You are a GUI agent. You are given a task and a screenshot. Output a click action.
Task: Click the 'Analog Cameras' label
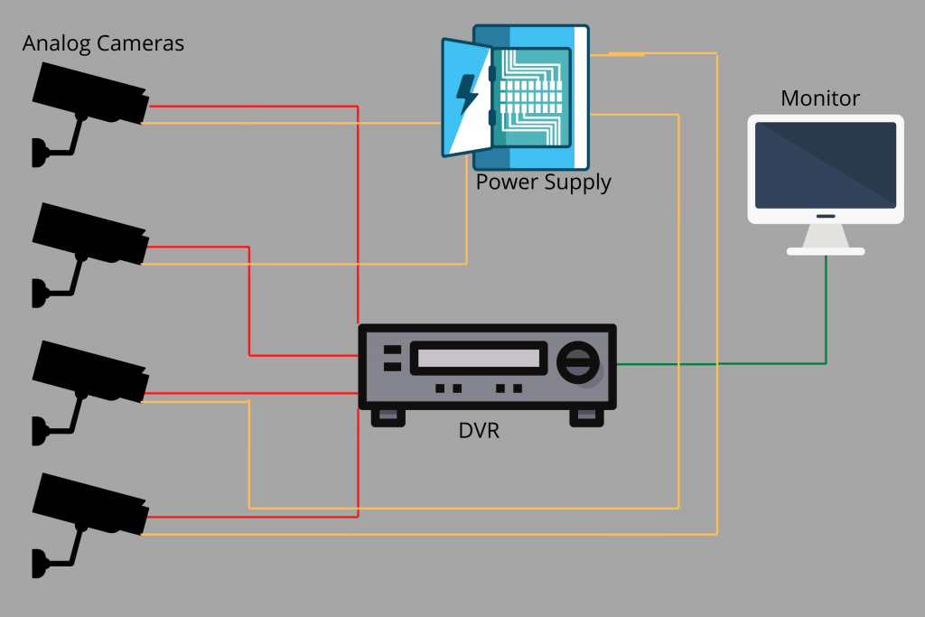[x=103, y=43]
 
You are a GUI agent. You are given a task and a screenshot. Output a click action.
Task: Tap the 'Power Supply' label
[x=543, y=182]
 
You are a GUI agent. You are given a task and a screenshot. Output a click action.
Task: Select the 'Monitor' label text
[x=820, y=98]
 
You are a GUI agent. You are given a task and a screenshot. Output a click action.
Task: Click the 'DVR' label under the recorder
[x=479, y=431]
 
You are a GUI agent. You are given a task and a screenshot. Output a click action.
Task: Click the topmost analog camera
[x=90, y=93]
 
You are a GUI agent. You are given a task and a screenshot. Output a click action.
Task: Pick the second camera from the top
[x=90, y=232]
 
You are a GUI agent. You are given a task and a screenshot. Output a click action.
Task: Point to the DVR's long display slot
[x=480, y=357]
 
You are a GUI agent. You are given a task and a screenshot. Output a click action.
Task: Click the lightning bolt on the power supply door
[x=467, y=95]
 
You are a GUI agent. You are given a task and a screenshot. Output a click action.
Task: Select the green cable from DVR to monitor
[x=723, y=363]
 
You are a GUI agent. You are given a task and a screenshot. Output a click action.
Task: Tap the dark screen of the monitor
[x=826, y=164]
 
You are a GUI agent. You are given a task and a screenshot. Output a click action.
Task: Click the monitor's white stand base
[x=826, y=250]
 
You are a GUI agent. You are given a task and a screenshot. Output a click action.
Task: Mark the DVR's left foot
[x=388, y=416]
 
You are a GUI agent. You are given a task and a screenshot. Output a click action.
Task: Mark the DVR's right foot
[x=586, y=416]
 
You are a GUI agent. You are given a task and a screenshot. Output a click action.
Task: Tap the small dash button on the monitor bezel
[x=826, y=216]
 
